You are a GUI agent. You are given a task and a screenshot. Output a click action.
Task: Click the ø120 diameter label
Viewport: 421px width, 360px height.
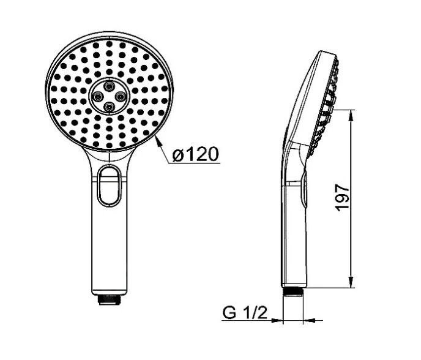[x=195, y=154]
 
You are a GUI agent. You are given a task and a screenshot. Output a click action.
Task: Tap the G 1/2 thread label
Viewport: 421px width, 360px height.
[x=244, y=314]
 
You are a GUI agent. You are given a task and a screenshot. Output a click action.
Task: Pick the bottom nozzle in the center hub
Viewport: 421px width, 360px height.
[x=110, y=107]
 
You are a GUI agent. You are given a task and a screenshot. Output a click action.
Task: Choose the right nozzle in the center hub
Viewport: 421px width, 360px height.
[x=121, y=96]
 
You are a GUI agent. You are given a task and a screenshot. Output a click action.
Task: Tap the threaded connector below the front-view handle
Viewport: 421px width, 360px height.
[x=110, y=299]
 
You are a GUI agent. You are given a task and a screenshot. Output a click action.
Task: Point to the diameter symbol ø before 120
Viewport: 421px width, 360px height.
[x=177, y=155]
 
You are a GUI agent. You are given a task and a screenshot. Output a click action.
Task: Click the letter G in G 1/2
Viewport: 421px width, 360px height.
[x=229, y=314]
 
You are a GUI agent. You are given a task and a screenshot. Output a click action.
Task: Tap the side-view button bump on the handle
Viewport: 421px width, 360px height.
[x=304, y=190]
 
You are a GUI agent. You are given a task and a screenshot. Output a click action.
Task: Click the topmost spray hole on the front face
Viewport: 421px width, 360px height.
[x=110, y=45]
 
